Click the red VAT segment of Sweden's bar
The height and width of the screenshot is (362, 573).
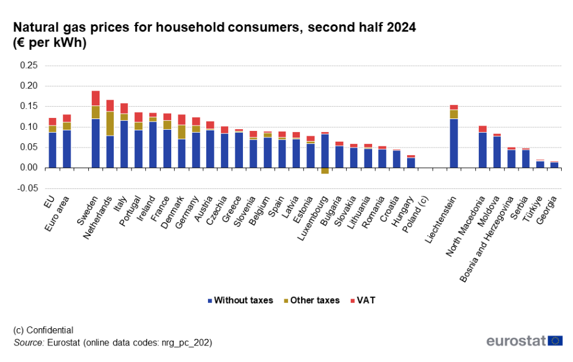[95, 98]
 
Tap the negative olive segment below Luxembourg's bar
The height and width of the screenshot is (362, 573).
[325, 171]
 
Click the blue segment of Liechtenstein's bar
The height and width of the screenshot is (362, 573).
[454, 143]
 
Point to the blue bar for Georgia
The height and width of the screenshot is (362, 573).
[554, 165]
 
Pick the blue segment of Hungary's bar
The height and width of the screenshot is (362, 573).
[411, 162]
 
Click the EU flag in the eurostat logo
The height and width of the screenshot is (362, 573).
[555, 341]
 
